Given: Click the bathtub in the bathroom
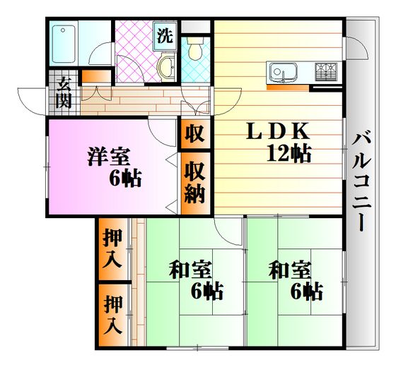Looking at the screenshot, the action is tap(64, 44).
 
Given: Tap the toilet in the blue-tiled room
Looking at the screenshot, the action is tap(195, 49).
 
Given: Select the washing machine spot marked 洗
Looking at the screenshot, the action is tap(165, 36).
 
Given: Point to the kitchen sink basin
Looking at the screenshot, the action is tap(282, 71).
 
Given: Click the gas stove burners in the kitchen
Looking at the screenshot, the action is tap(326, 72).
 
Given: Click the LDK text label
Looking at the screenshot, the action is tap(278, 131).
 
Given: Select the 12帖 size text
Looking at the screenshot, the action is tap(289, 153).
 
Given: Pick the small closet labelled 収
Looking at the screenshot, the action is tap(195, 133).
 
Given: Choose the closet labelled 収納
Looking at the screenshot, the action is tap(195, 183).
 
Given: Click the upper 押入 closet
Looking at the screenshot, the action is tap(113, 249).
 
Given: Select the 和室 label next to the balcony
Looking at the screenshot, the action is tap(290, 271).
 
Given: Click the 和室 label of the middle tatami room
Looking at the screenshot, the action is tap(190, 271).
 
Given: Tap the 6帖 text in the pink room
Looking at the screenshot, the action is tap(125, 178).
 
